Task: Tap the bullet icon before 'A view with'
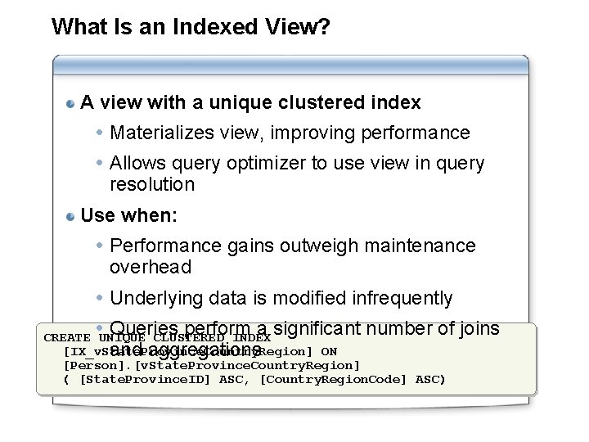click(x=72, y=104)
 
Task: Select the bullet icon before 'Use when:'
click(x=72, y=217)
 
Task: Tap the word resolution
click(x=152, y=185)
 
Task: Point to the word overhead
click(x=151, y=267)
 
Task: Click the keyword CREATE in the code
click(x=67, y=338)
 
